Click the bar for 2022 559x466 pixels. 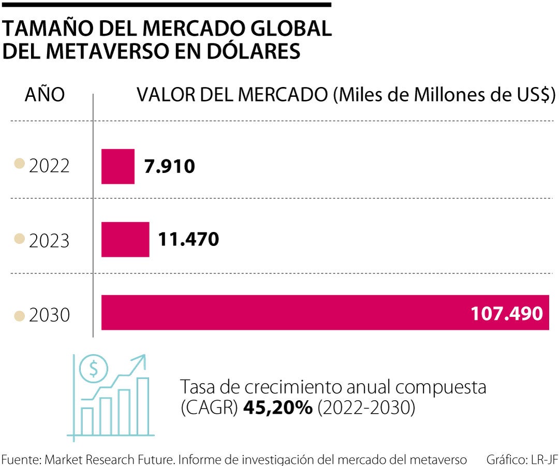(x=117, y=166)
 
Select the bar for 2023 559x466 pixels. (x=125, y=239)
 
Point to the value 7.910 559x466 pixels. (x=169, y=167)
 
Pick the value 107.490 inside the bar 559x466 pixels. (x=507, y=313)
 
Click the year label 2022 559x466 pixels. (x=49, y=167)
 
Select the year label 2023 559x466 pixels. (x=49, y=240)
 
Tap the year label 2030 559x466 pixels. (x=49, y=315)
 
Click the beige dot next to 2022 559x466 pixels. (x=20, y=165)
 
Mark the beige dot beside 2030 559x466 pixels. (x=20, y=315)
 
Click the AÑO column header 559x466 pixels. (x=45, y=95)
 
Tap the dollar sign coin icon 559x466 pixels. (x=94, y=368)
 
